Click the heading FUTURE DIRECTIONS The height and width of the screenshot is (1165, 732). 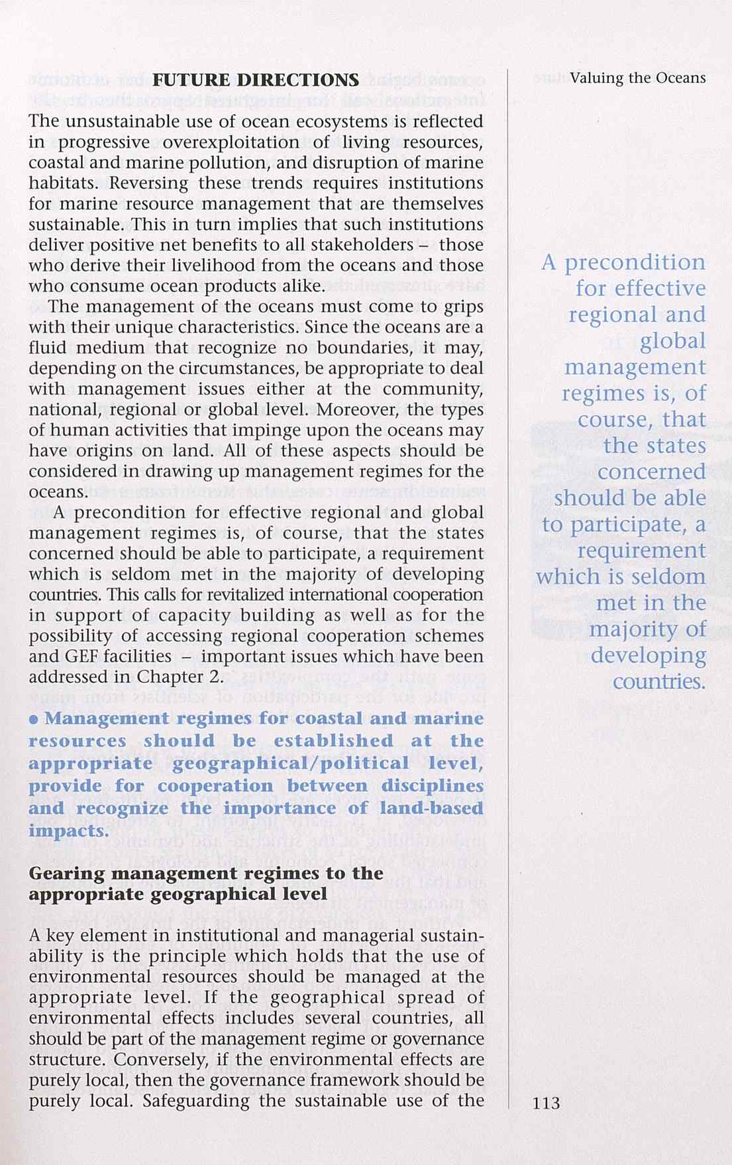256,81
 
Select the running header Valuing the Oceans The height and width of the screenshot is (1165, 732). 638,78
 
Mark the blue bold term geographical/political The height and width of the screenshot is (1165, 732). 291,764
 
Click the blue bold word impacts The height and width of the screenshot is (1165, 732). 68,831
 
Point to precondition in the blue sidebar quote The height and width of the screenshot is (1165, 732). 635,263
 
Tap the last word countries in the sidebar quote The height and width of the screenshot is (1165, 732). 659,682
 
